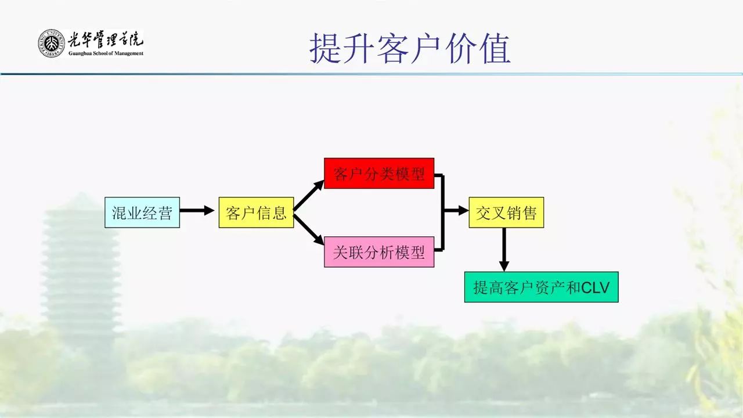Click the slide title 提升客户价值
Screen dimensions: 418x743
point(410,49)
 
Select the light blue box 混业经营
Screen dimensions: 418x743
point(142,212)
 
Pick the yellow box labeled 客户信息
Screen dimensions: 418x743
point(256,212)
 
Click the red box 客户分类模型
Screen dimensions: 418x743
point(379,173)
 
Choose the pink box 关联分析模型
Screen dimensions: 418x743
point(379,252)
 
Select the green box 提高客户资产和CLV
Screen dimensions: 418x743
point(541,287)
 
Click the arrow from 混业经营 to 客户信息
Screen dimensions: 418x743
point(197,211)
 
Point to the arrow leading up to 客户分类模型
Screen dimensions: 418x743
point(309,196)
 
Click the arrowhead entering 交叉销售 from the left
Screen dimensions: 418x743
point(463,211)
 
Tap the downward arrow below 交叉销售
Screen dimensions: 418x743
point(504,250)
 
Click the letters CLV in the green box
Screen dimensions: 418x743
point(596,287)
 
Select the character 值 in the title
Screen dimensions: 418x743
point(495,49)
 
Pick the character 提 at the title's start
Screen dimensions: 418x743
point(325,49)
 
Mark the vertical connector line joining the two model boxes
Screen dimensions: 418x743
point(443,212)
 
